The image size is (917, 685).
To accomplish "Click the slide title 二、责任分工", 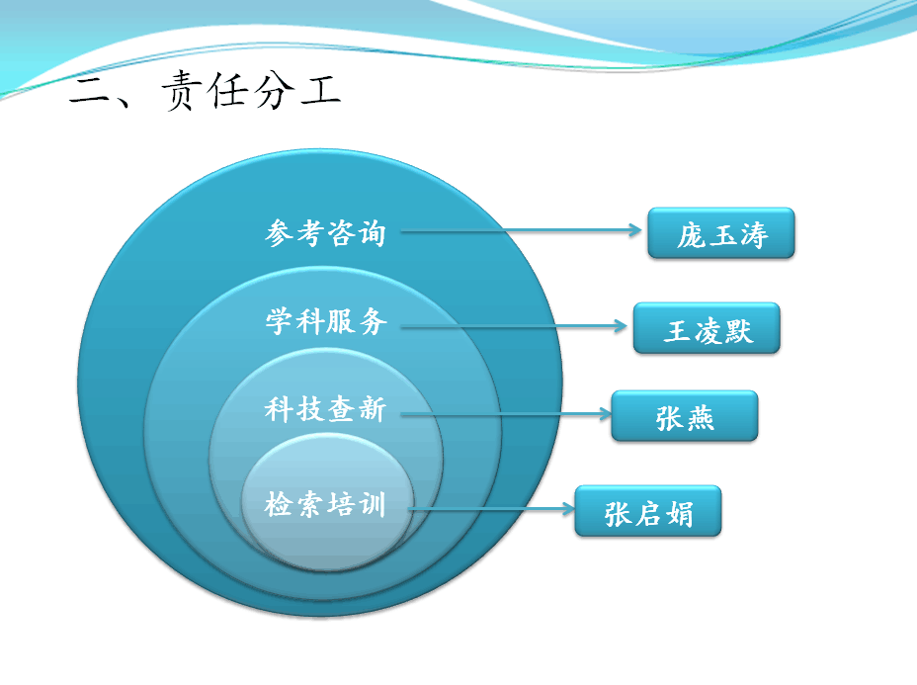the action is click(x=205, y=90).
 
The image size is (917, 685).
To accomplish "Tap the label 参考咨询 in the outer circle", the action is click(x=325, y=233).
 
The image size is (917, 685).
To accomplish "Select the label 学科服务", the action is click(x=326, y=321).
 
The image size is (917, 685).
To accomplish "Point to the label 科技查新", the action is click(x=325, y=408).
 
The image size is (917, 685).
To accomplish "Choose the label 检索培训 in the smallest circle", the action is click(x=325, y=504).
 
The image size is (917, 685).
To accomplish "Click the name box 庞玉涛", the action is click(x=721, y=233).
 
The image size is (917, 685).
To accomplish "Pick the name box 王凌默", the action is click(x=707, y=327).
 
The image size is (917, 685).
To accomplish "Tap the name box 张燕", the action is click(x=685, y=415).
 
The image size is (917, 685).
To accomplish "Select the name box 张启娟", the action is click(x=648, y=511).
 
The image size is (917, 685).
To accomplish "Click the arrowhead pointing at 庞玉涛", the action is click(x=636, y=230).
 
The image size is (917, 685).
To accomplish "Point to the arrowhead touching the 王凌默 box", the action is click(x=622, y=326).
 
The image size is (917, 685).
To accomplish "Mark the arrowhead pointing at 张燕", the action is click(x=606, y=414).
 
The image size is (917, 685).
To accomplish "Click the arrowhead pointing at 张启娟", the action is click(x=569, y=509).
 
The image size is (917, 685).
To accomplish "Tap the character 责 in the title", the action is click(x=178, y=90).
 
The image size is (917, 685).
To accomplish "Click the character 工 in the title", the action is click(x=321, y=90).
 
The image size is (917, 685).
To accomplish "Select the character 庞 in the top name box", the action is click(x=692, y=235).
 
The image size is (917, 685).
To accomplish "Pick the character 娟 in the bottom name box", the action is click(x=679, y=514).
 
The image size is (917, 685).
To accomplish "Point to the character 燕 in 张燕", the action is click(x=700, y=418).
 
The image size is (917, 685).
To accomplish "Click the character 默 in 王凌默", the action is click(x=738, y=330).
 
